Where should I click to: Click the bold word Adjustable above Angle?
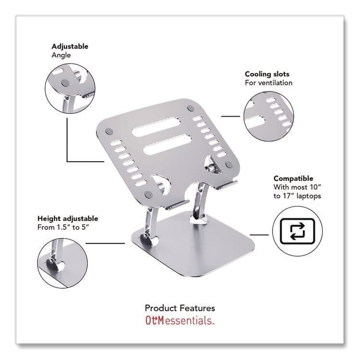click(x=70, y=47)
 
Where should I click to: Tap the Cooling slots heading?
click(x=267, y=74)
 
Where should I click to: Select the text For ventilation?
click(x=268, y=83)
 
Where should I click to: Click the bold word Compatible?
click(x=293, y=179)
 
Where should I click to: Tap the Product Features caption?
click(x=180, y=308)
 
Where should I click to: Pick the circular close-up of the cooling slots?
click(x=268, y=117)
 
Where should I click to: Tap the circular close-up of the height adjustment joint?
click(x=62, y=263)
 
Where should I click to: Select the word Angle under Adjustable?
click(x=61, y=55)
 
